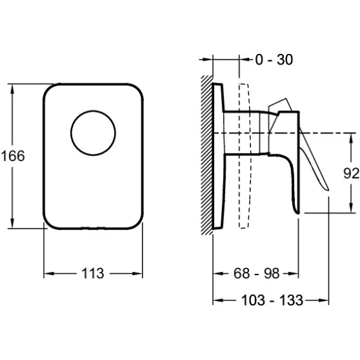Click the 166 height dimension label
click(x=13, y=156)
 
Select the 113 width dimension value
click(x=93, y=273)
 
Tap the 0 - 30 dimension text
click(x=274, y=60)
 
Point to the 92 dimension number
click(x=351, y=173)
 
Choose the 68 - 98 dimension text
click(x=257, y=273)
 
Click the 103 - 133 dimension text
click(x=273, y=300)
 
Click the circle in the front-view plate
click(x=93, y=133)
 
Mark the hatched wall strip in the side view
click(x=207, y=155)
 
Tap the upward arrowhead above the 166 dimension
click(x=13, y=89)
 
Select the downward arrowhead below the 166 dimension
click(x=13, y=223)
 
